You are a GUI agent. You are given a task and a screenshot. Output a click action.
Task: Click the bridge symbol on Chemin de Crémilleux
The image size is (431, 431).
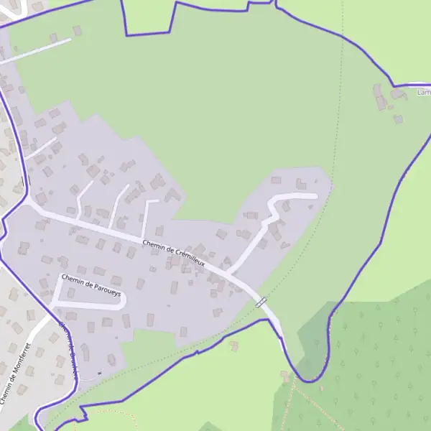pyautogui.click(x=261, y=302)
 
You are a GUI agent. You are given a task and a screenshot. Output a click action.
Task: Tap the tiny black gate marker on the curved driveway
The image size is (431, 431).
pyautogui.click(x=98, y=371)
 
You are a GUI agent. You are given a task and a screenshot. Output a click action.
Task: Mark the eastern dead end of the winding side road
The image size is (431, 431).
pyautogui.click(x=314, y=195)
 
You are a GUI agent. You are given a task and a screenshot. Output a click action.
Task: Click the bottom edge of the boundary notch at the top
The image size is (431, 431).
pyautogui.click(x=148, y=34)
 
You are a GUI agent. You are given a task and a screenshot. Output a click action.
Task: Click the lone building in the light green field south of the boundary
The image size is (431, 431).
pyautogui.click(x=234, y=346)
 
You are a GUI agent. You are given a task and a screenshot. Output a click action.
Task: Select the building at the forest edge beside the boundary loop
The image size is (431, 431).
pyautogui.click(x=286, y=376)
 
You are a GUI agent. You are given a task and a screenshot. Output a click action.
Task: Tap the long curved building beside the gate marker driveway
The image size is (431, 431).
pyautogui.click(x=85, y=353)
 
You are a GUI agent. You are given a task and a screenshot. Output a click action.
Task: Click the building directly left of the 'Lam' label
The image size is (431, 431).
pyautogui.click(x=398, y=94)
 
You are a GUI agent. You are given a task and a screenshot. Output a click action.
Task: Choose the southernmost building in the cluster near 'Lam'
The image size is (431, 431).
pyautogui.click(x=399, y=119)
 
